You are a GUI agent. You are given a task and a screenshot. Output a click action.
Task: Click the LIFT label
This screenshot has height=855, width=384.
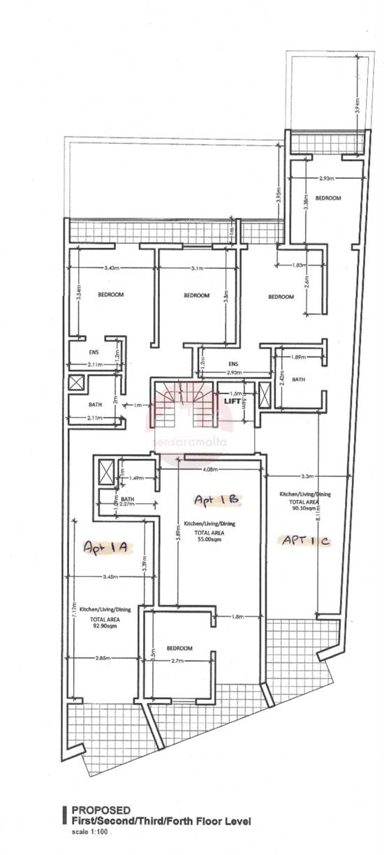231,401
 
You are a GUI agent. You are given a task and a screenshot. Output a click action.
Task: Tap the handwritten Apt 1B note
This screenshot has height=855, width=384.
208,499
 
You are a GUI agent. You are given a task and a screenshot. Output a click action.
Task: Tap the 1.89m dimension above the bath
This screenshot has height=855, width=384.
299,357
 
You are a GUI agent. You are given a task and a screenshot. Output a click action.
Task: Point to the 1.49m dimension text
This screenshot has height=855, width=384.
135,478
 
